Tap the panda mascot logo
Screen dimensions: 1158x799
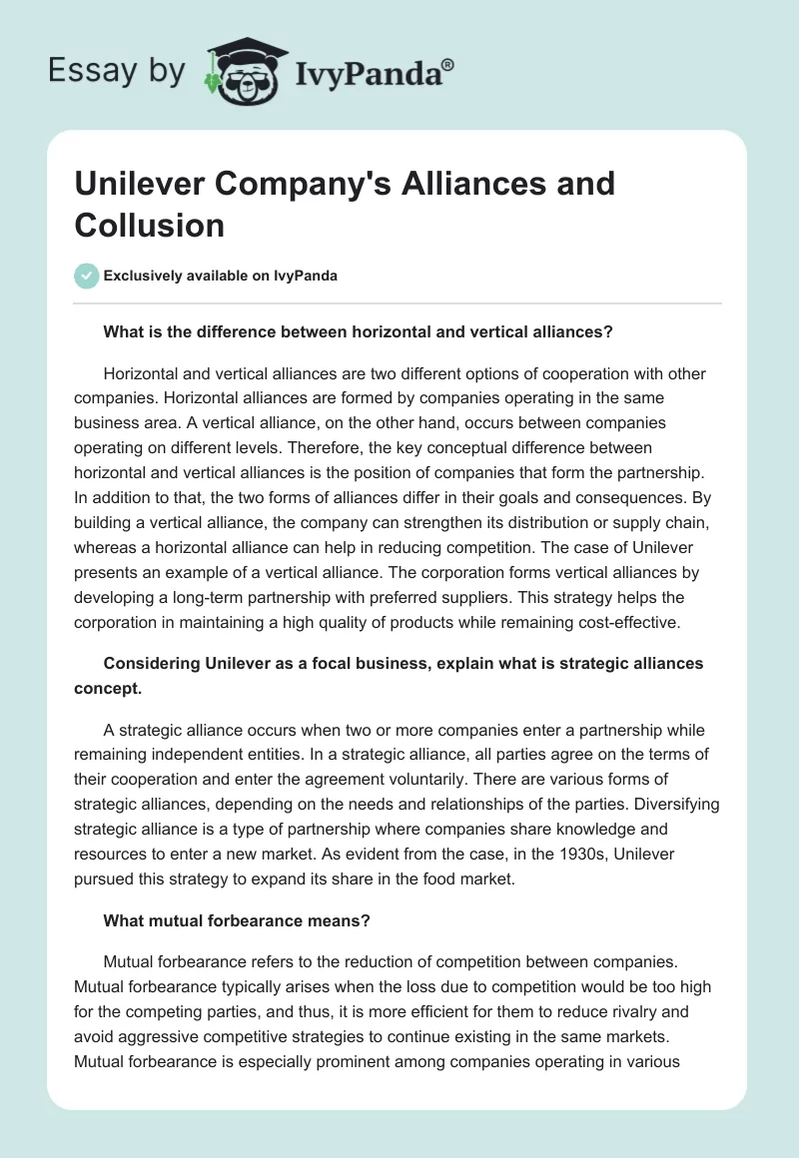coord(244,71)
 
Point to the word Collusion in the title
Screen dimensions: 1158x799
coord(149,225)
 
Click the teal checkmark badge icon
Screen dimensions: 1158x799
coord(86,276)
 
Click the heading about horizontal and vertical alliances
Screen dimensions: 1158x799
coord(358,333)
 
